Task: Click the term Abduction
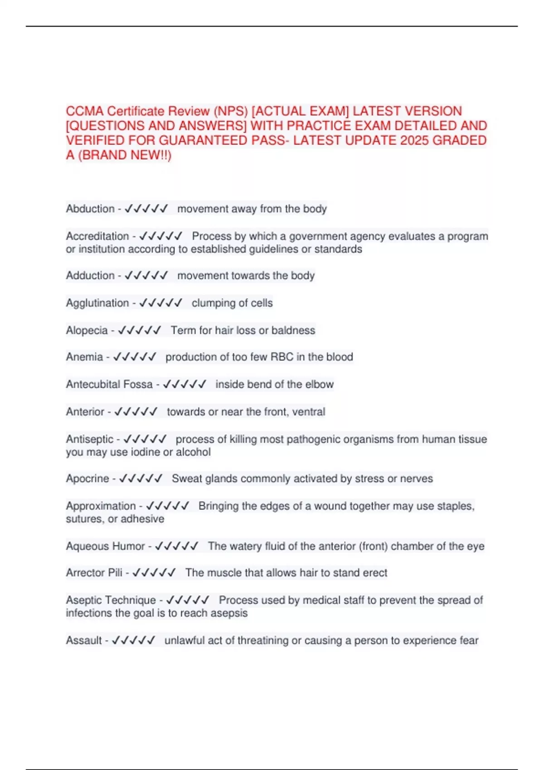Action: point(90,209)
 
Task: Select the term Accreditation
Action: point(97,236)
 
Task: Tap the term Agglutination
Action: point(97,303)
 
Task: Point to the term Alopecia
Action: point(87,330)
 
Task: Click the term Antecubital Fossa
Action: point(109,384)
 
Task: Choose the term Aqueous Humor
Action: point(105,546)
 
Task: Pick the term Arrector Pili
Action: point(94,573)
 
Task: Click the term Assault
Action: point(84,640)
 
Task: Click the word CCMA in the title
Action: point(85,111)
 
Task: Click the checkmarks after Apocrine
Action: point(141,479)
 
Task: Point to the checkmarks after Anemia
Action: point(135,357)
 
